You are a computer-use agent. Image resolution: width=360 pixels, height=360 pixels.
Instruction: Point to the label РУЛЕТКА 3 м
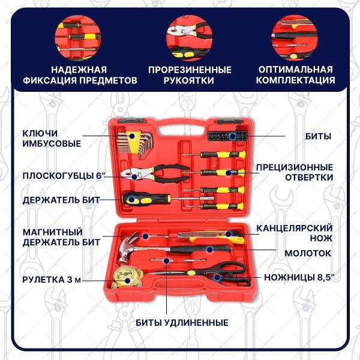coord(52,278)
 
